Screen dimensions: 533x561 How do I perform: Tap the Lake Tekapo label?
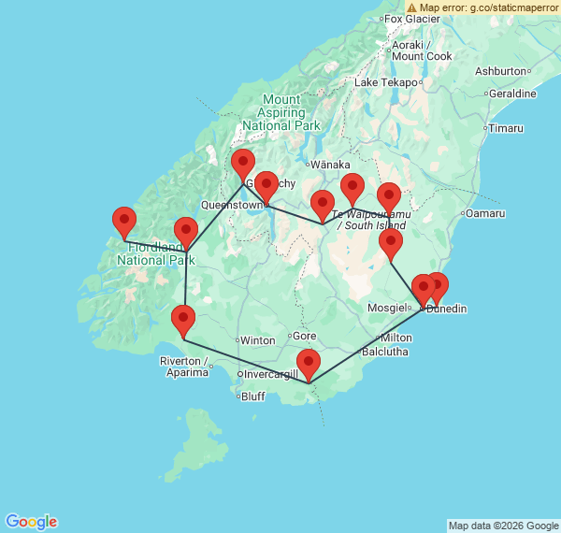(x=385, y=82)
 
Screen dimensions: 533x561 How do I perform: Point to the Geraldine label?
(x=512, y=94)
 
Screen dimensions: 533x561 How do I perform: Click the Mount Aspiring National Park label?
(x=280, y=112)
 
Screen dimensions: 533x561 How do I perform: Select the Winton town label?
(x=257, y=340)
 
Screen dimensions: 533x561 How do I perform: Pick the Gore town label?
(x=305, y=336)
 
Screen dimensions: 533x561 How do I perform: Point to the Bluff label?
(x=252, y=396)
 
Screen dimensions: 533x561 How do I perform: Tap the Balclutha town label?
(x=384, y=352)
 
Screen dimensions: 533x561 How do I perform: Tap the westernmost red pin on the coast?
(x=123, y=223)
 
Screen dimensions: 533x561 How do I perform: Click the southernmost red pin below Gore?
(x=308, y=365)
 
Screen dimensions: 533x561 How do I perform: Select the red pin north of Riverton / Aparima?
(x=183, y=322)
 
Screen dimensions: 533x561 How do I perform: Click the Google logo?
(x=31, y=522)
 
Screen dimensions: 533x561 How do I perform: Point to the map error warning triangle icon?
(x=411, y=7)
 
